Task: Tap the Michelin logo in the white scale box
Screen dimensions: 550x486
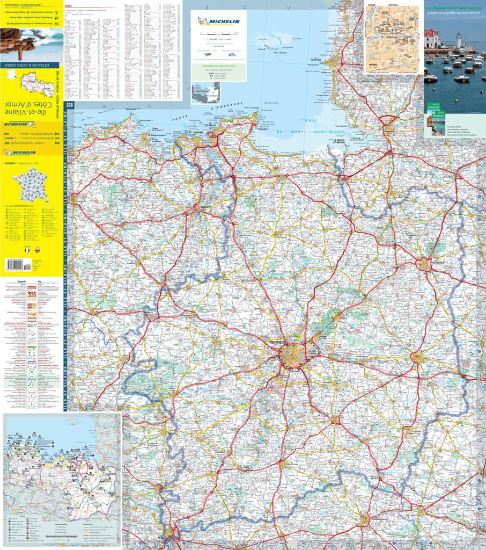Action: (x=218, y=21)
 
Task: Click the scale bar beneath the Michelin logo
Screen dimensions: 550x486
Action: (x=218, y=36)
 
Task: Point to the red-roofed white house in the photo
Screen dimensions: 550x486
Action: (x=432, y=39)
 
